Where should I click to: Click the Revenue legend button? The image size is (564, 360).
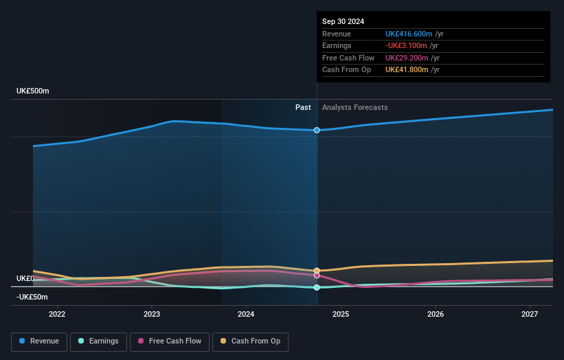(40, 341)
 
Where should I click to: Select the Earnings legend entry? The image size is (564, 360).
(98, 341)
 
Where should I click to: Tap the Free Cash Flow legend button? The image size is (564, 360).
(169, 341)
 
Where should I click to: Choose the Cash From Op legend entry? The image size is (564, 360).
(250, 341)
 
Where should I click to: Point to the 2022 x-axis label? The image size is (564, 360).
(57, 315)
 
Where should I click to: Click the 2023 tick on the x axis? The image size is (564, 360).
(152, 315)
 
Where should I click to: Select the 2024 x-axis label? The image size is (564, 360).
(246, 315)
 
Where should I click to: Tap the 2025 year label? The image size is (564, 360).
(341, 315)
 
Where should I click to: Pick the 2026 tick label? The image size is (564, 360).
(436, 315)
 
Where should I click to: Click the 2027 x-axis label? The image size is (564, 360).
(530, 315)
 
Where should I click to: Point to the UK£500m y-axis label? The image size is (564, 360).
(33, 91)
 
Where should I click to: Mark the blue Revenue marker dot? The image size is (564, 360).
(317, 130)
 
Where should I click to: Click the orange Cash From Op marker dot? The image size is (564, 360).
(317, 271)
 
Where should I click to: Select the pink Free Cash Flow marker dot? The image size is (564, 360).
(317, 275)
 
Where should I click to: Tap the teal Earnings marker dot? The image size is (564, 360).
(317, 287)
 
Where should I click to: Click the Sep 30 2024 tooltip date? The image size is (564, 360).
(343, 21)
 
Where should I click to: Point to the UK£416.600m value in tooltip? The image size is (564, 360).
(409, 34)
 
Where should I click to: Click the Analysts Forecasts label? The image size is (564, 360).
(354, 107)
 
